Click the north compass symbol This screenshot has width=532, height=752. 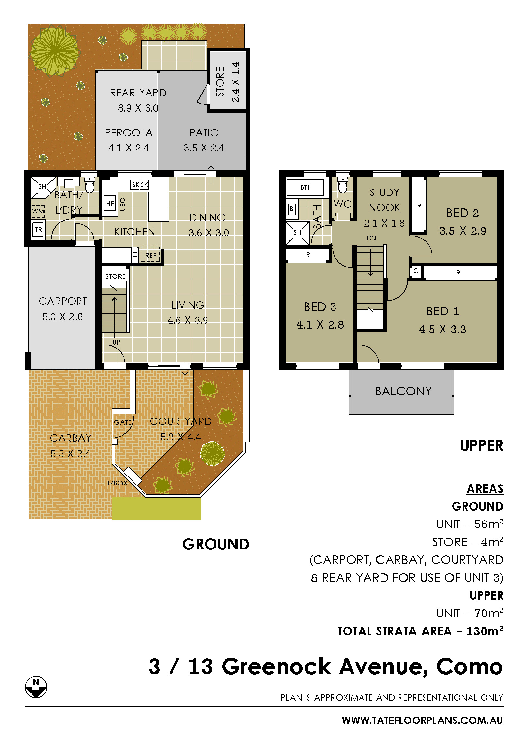click(x=36, y=687)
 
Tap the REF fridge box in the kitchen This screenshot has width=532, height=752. click(x=150, y=255)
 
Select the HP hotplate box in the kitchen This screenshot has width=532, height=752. click(x=110, y=204)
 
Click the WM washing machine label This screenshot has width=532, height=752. click(x=38, y=211)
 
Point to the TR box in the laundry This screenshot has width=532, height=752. click(x=38, y=230)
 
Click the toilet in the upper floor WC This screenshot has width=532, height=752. click(x=343, y=186)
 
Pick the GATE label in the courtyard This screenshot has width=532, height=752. click(x=123, y=422)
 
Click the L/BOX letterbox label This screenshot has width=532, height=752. click(x=117, y=483)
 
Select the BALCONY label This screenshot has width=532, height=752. click(x=403, y=391)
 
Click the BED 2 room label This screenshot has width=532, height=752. click(x=462, y=213)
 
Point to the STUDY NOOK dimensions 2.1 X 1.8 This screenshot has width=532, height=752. click(x=384, y=223)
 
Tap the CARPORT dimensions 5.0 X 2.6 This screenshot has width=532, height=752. click(x=63, y=317)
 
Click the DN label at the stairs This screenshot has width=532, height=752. click(x=371, y=238)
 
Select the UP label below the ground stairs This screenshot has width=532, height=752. click(x=116, y=342)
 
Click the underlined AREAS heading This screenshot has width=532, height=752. click(x=485, y=489)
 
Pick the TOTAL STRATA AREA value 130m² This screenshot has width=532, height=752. click(x=485, y=630)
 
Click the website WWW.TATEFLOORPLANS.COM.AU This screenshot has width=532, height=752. click(x=422, y=720)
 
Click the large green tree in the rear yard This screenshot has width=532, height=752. click(x=55, y=51)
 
